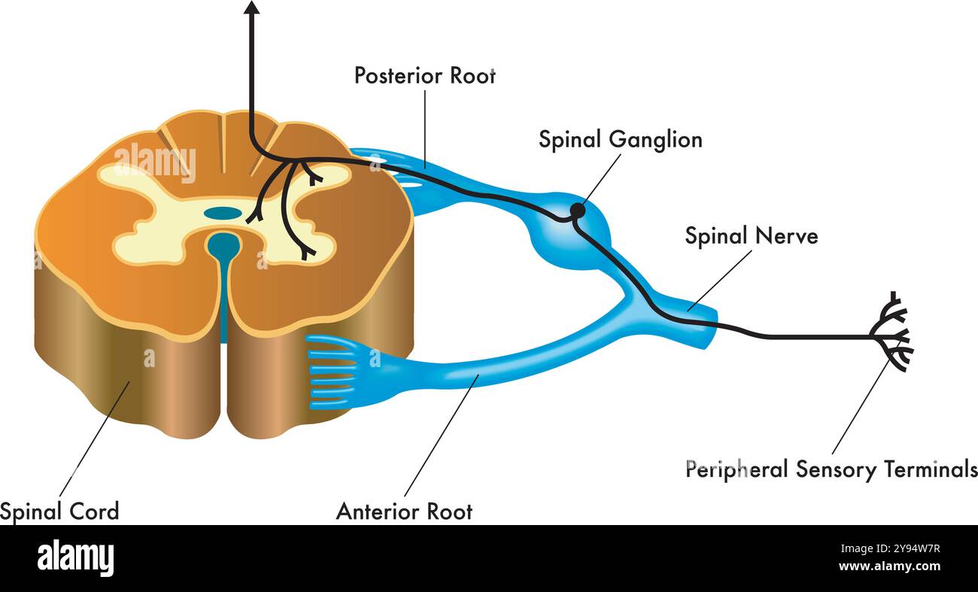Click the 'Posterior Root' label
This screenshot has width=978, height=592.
pyautogui.click(x=424, y=75)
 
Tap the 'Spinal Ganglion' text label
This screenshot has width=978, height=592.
pyautogui.click(x=620, y=139)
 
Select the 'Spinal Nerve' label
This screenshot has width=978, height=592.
pyautogui.click(x=750, y=235)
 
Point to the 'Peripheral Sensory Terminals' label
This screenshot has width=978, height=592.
pyautogui.click(x=831, y=469)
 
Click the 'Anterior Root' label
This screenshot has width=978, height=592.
pyautogui.click(x=404, y=512)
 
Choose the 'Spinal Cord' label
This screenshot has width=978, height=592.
pyautogui.click(x=59, y=512)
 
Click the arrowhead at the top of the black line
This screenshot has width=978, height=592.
pyautogui.click(x=252, y=8)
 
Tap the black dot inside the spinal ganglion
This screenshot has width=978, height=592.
pyautogui.click(x=577, y=211)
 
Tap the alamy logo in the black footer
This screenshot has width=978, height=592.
pyautogui.click(x=75, y=558)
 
